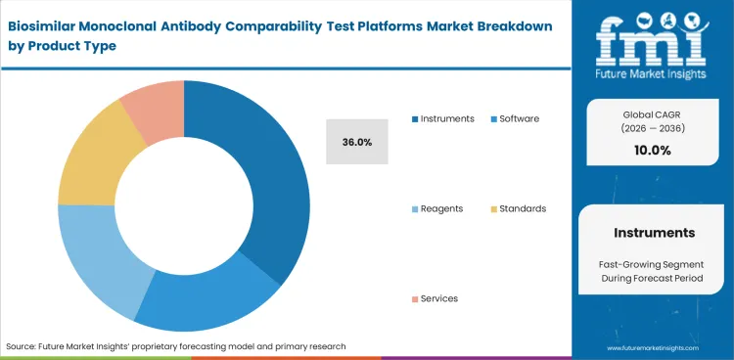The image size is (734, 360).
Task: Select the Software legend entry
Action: pos(519,118)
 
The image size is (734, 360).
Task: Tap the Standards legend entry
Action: pos(522,208)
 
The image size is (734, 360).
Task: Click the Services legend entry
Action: pos(438,298)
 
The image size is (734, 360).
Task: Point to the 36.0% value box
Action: pos(357,142)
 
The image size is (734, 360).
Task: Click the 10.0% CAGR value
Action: pos(653,150)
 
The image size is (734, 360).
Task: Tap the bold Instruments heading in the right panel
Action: pos(654,233)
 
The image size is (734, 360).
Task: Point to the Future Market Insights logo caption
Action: pos(653,73)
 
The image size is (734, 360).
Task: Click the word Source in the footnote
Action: pos(23,346)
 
